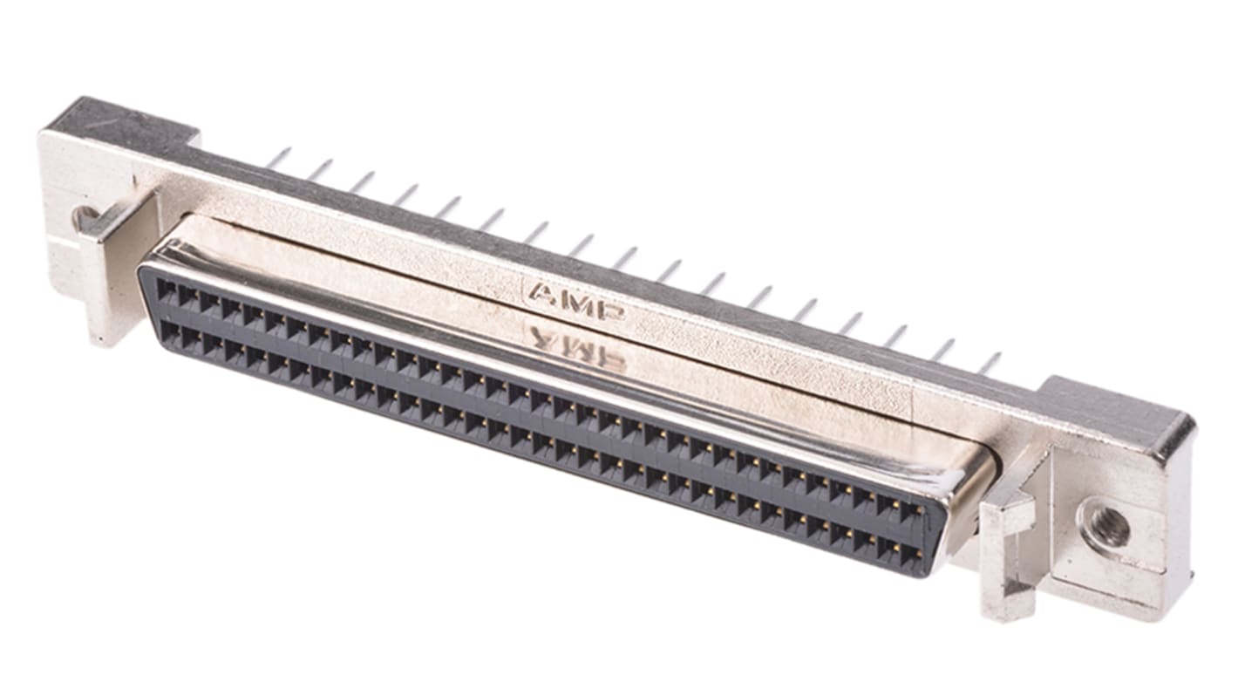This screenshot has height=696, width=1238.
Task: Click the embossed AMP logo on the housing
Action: [x=576, y=301]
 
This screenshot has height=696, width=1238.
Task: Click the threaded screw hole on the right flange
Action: [x=1105, y=527]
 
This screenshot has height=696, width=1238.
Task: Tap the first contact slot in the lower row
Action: [x=169, y=332]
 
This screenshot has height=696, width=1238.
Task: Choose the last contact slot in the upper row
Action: [x=913, y=511]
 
